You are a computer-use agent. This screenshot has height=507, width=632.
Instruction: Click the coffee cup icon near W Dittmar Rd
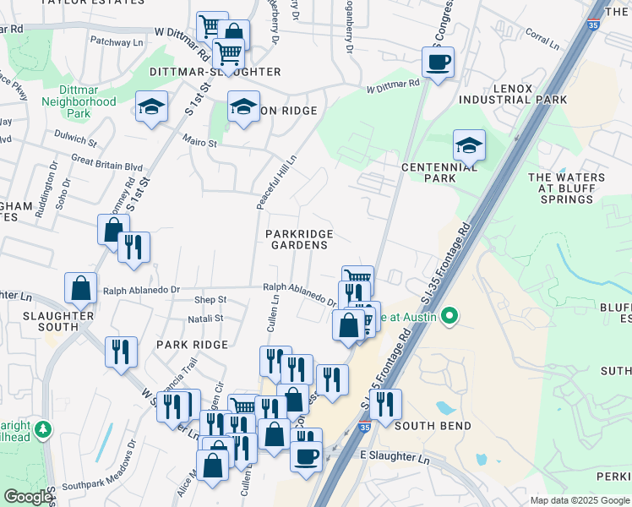pyautogui.click(x=438, y=63)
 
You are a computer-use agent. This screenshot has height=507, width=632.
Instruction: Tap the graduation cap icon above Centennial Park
pyautogui.click(x=468, y=145)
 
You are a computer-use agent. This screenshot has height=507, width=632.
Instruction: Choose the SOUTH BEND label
pyautogui.click(x=439, y=426)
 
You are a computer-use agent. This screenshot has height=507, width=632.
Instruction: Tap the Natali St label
pyautogui.click(x=206, y=319)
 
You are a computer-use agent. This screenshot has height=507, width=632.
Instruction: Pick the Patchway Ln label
pyautogui.click(x=117, y=41)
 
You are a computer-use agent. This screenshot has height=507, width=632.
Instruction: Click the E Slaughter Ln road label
pyautogui.click(x=395, y=457)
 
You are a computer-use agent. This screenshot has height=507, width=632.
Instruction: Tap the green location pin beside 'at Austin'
pyautogui.click(x=449, y=317)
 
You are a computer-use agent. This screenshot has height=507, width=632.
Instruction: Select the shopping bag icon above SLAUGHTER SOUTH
pyautogui.click(x=79, y=288)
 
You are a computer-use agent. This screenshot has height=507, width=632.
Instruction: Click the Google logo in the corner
pyautogui.click(x=28, y=497)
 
